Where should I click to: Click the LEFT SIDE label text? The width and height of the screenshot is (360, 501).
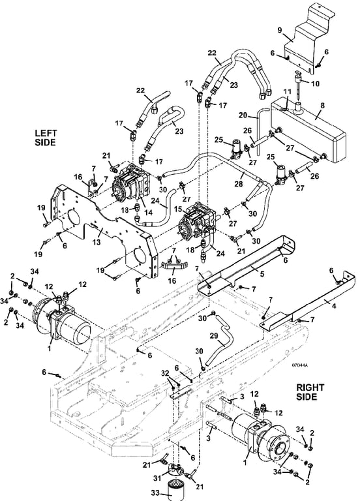(x=45, y=138)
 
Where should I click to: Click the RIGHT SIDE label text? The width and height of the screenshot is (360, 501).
(x=310, y=392)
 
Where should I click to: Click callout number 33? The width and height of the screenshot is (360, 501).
(x=156, y=492)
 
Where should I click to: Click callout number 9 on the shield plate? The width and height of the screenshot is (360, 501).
(x=280, y=31)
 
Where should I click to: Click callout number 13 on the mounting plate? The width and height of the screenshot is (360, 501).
(x=97, y=242)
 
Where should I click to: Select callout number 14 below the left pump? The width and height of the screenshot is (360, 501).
(x=148, y=212)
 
